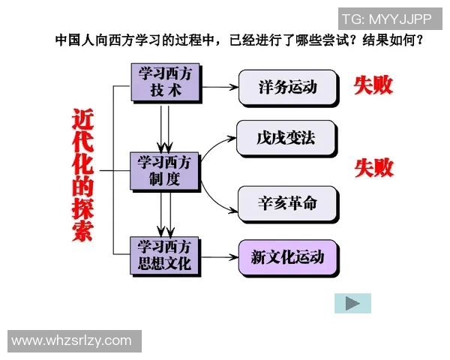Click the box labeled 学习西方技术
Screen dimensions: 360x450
[x=165, y=82]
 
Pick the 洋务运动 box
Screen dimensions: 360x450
[x=287, y=87]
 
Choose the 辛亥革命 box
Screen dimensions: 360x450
[x=287, y=203]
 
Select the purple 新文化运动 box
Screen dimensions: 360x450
[x=287, y=257]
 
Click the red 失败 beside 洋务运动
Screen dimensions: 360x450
[x=373, y=85]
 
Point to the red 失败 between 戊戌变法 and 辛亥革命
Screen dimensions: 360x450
[x=373, y=167]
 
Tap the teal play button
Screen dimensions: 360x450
[x=352, y=303]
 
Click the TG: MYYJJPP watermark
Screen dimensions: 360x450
[x=386, y=19]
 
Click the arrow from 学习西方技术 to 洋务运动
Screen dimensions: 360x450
[x=219, y=87]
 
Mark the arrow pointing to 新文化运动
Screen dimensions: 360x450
[x=219, y=257]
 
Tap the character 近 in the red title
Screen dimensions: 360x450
[x=83, y=120]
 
